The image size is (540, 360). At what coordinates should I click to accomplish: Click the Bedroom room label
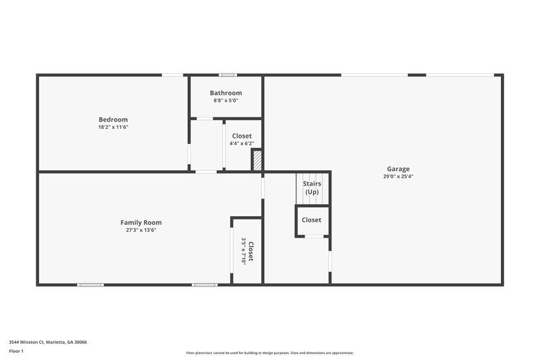(113, 120)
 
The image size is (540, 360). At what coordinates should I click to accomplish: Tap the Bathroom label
(225, 93)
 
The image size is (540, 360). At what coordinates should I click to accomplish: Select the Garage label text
(398, 169)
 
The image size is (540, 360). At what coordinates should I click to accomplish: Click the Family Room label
(141, 222)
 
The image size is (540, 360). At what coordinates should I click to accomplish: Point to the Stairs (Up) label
(312, 188)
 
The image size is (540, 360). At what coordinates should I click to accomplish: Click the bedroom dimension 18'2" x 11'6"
(113, 127)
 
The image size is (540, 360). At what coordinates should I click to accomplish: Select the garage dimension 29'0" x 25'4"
(398, 176)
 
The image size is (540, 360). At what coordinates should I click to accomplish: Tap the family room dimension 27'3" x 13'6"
(141, 230)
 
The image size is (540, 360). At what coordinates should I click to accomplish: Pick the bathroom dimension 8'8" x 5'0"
(225, 101)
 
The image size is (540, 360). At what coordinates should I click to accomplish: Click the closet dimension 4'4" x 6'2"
(241, 143)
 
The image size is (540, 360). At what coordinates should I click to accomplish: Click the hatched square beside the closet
(257, 161)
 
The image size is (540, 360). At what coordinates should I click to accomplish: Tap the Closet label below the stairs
(311, 220)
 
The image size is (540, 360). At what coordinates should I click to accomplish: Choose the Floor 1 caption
(16, 351)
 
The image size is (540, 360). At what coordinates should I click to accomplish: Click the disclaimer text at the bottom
(269, 353)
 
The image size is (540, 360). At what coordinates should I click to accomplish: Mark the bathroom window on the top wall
(227, 75)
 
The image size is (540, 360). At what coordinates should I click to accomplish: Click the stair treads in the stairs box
(312, 199)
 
